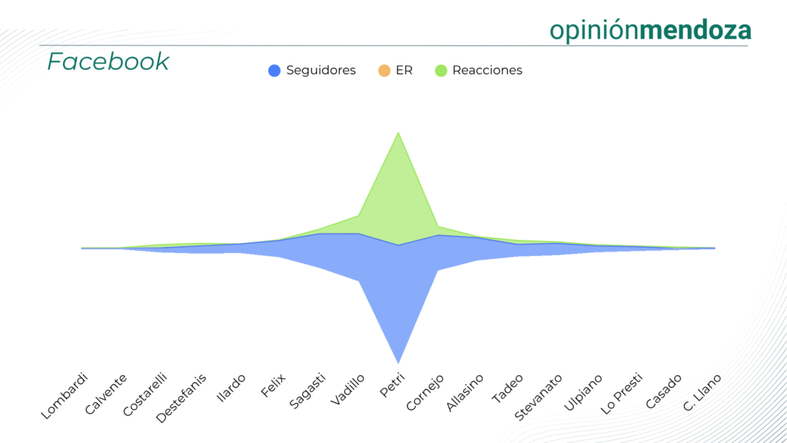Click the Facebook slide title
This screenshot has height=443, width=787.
tap(108, 62)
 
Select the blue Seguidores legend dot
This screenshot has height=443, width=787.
tap(274, 71)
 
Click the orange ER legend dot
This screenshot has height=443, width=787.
tap(384, 71)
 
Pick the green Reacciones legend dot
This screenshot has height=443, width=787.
tap(440, 71)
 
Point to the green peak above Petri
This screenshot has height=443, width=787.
tap(398, 134)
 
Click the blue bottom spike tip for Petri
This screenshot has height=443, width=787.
tap(398, 361)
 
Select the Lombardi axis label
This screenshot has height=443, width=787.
tap(65, 395)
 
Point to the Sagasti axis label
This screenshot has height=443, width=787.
tap(307, 391)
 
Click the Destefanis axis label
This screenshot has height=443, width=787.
tap(181, 398)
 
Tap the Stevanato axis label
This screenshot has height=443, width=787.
tap(537, 397)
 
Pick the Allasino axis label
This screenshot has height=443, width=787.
tap(465, 392)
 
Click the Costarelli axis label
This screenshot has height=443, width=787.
tap(145, 395)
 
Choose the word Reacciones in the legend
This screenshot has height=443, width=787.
tap(487, 71)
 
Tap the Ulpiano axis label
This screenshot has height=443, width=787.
tap(582, 393)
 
